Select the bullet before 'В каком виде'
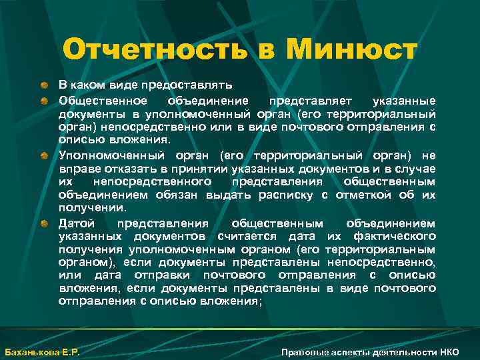pos(44,86)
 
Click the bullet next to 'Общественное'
pos(44,101)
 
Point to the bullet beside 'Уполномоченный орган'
pos(44,155)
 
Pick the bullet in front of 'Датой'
pos(44,223)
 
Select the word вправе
pos(75,168)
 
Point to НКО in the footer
pos(449,351)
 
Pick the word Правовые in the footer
pos(303,351)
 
